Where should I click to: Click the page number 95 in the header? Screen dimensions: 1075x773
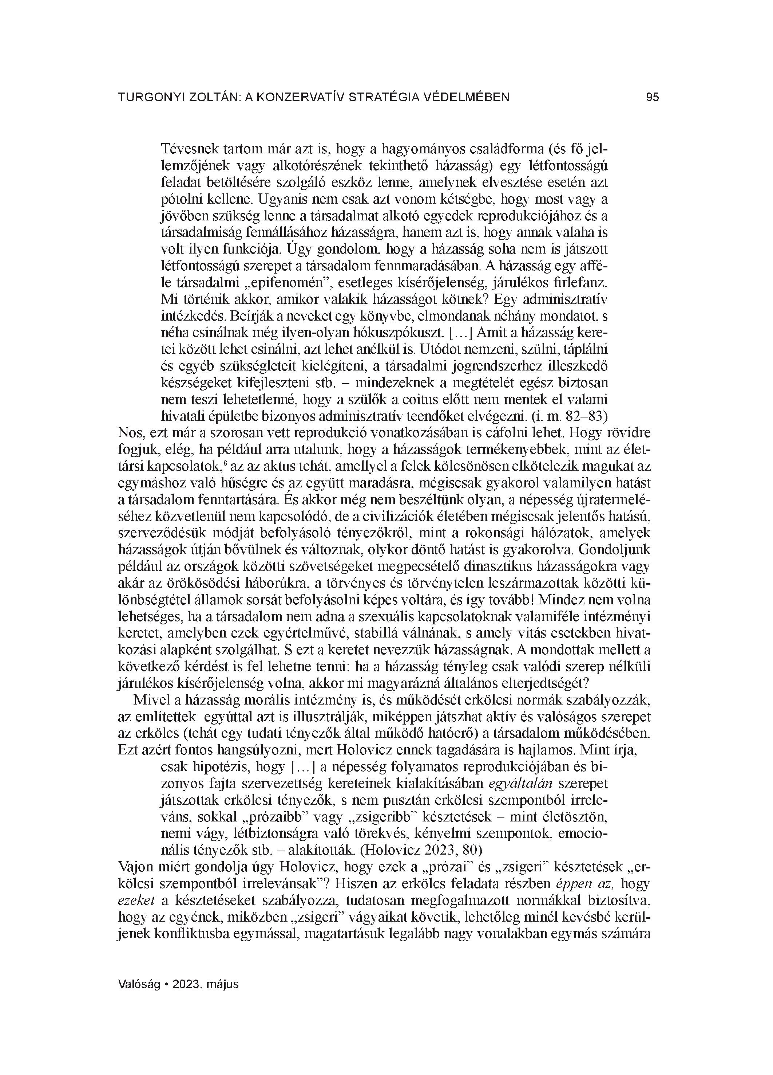(x=652, y=97)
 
